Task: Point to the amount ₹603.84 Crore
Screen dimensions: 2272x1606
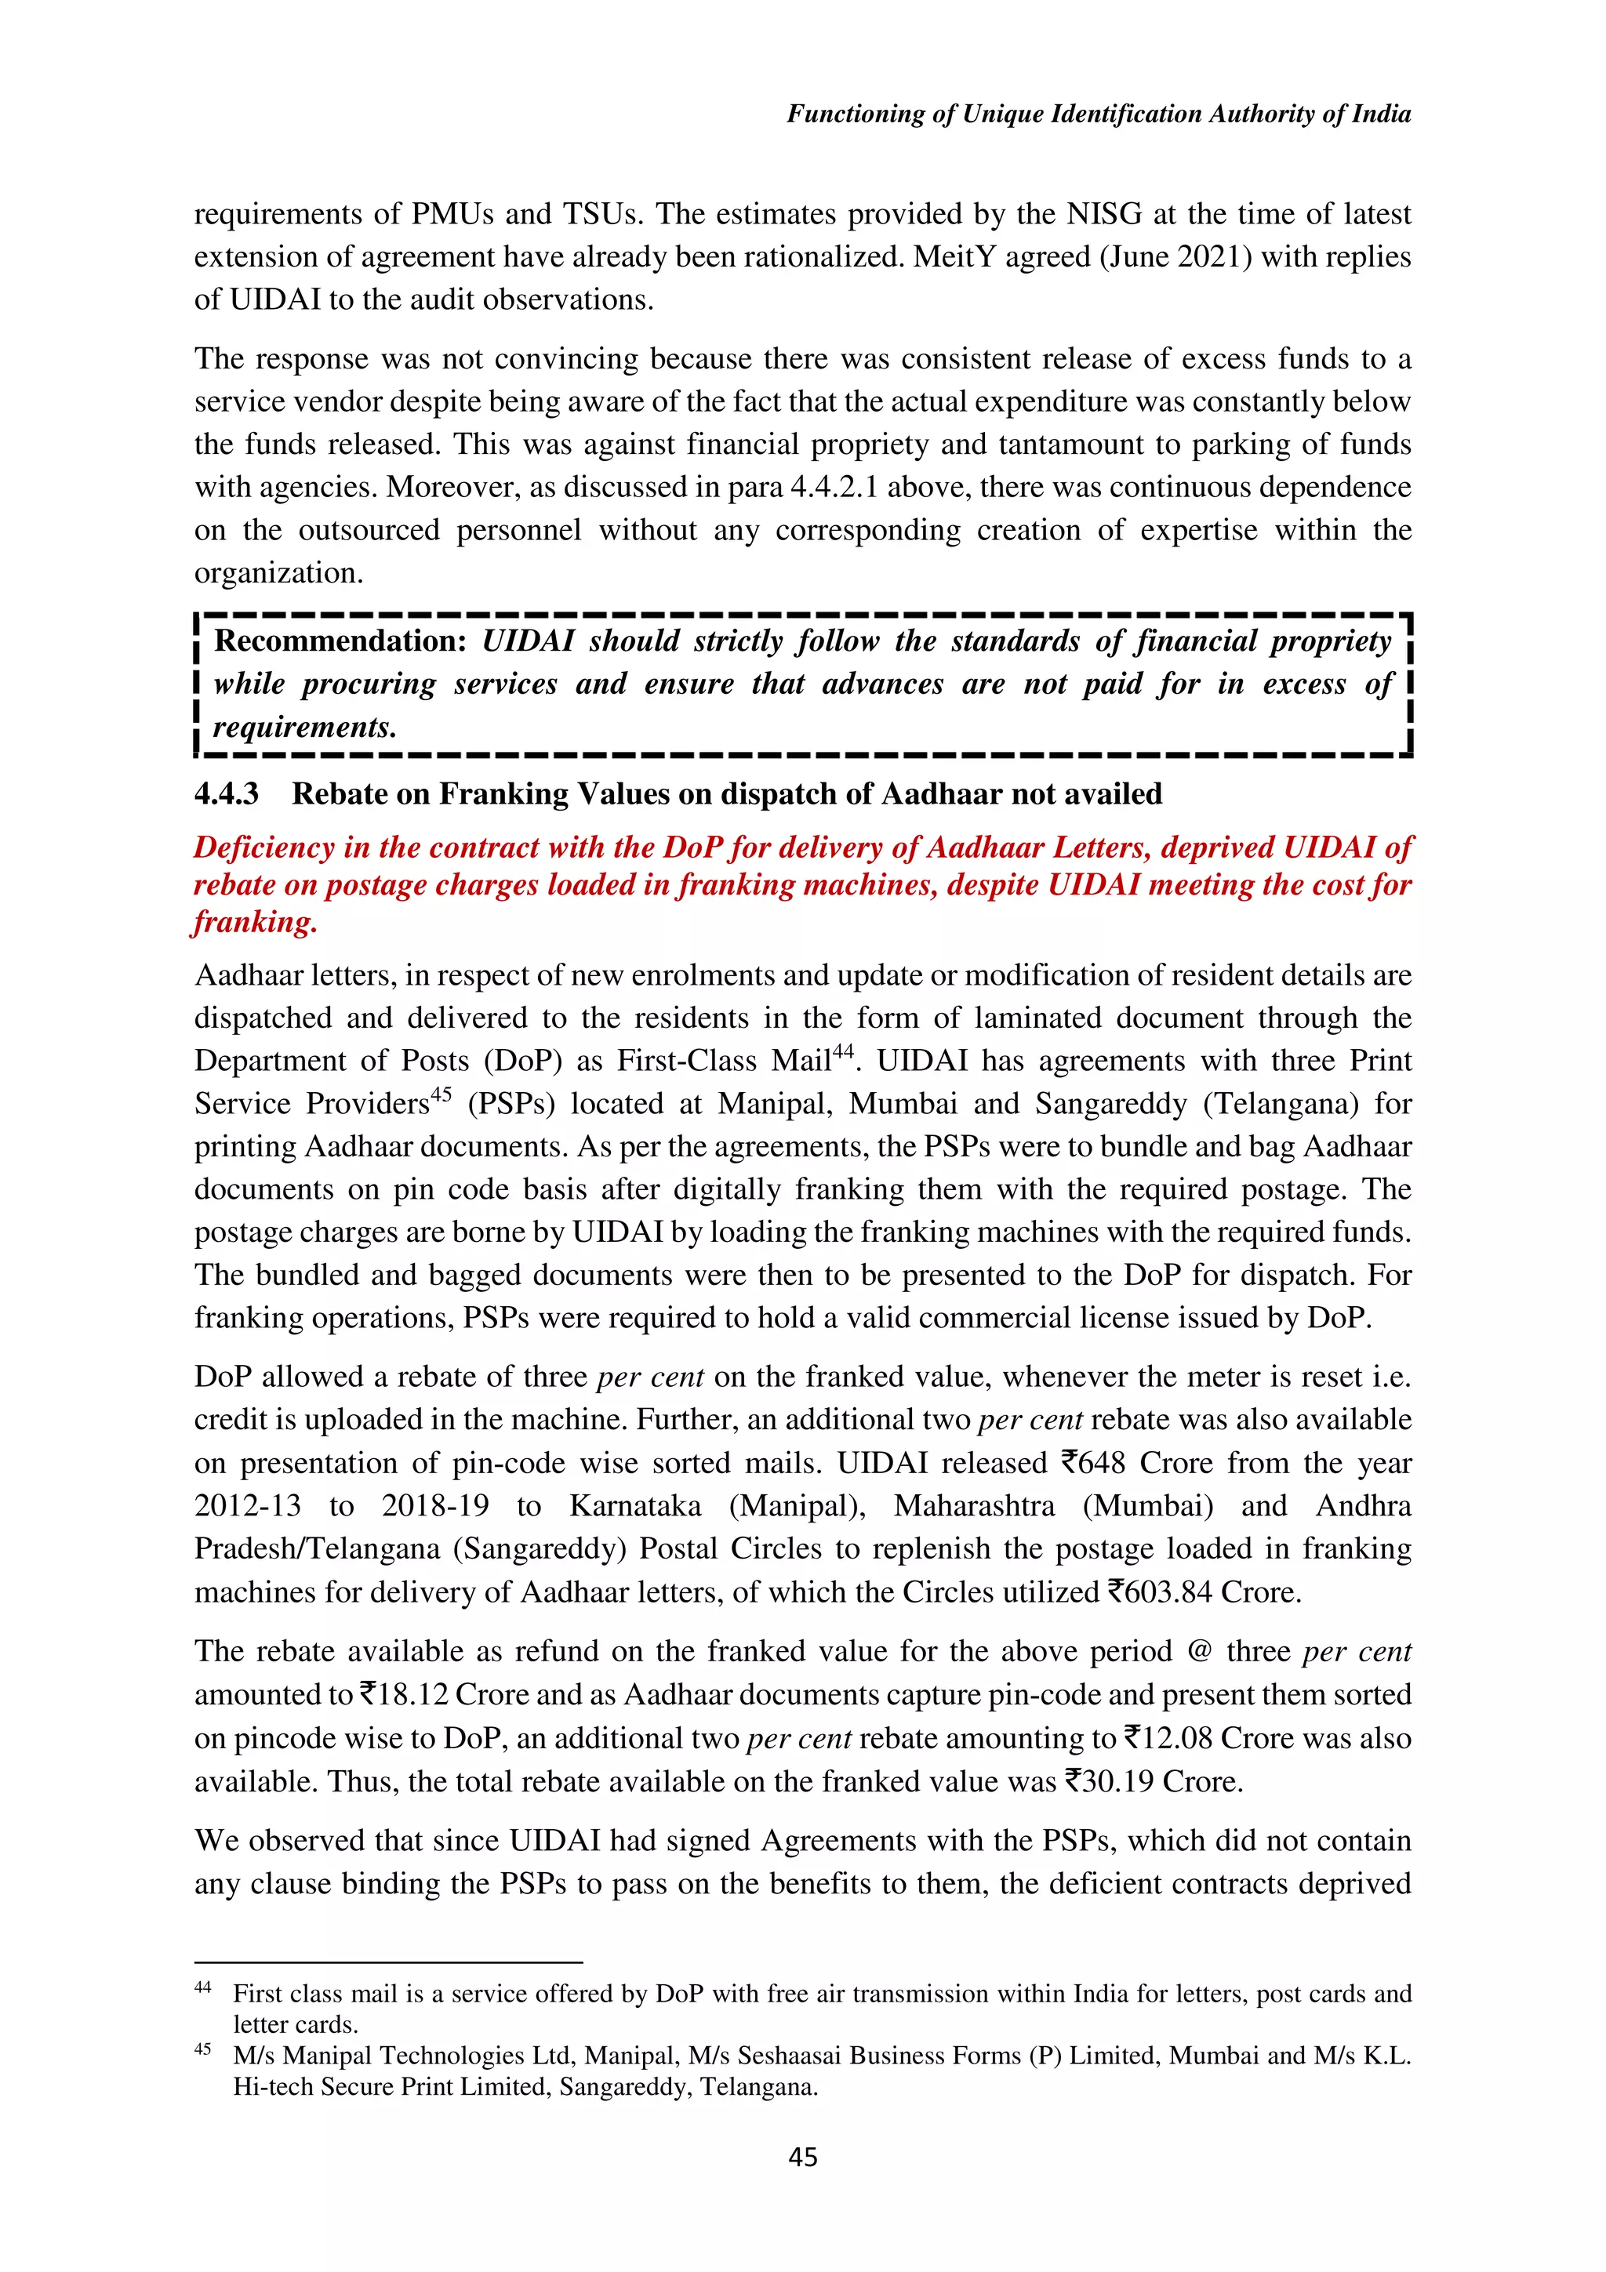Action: click(1203, 1591)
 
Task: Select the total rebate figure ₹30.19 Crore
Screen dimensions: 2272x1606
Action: click(1152, 1781)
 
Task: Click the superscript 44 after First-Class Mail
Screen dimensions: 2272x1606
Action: click(842, 1052)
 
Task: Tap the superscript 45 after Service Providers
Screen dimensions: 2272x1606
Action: click(441, 1094)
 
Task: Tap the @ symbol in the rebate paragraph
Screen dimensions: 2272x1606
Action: click(1198, 1652)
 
